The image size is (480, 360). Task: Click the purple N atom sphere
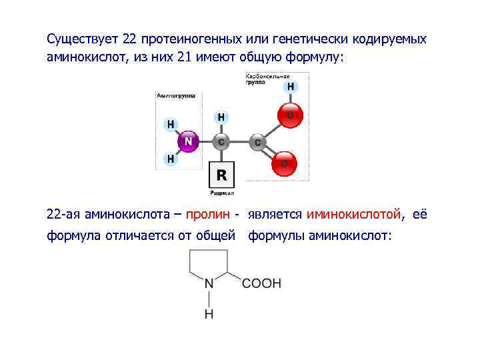click(x=189, y=141)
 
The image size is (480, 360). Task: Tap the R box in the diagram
click(x=221, y=175)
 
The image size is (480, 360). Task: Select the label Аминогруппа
click(x=176, y=95)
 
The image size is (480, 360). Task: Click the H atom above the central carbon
click(x=221, y=117)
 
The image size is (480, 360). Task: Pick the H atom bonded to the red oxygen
click(x=291, y=87)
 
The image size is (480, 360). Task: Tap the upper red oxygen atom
click(x=290, y=115)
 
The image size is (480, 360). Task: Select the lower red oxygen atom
click(x=284, y=163)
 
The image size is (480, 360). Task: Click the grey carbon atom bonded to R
click(x=221, y=141)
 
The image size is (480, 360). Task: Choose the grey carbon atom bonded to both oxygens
click(x=257, y=142)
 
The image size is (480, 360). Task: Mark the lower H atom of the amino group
click(x=171, y=159)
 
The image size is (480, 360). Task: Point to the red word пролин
click(x=207, y=215)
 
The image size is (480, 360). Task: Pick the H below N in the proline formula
click(x=209, y=313)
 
